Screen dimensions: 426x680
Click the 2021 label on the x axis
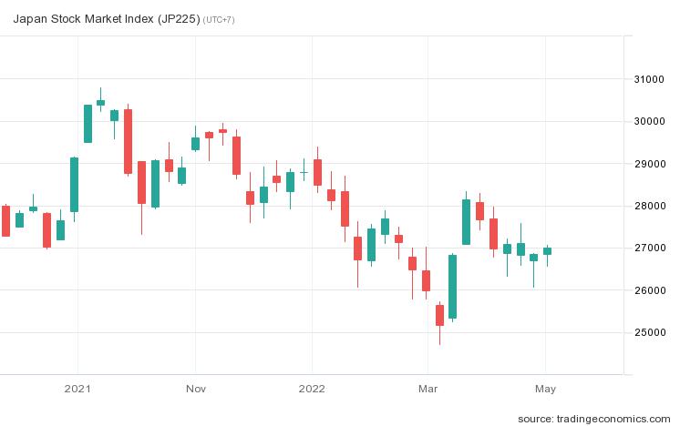[77, 388]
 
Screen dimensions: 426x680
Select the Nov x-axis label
[195, 388]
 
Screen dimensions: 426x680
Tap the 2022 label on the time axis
[313, 388]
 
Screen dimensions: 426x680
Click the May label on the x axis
[545, 388]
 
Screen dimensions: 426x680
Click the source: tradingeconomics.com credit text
[599, 418]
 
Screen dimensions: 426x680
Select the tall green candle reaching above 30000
[88, 124]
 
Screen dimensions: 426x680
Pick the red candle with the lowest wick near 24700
[439, 314]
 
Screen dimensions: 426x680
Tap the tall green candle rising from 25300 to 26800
[452, 286]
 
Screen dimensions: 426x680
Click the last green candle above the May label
[547, 251]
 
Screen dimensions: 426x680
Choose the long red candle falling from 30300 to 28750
[129, 141]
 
